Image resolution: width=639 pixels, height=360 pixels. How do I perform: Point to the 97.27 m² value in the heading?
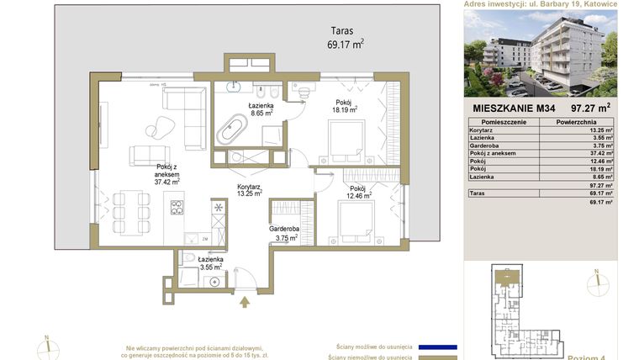590,108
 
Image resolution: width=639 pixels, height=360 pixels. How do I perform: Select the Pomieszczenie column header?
499,122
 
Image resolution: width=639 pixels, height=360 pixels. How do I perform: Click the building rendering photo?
541,53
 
